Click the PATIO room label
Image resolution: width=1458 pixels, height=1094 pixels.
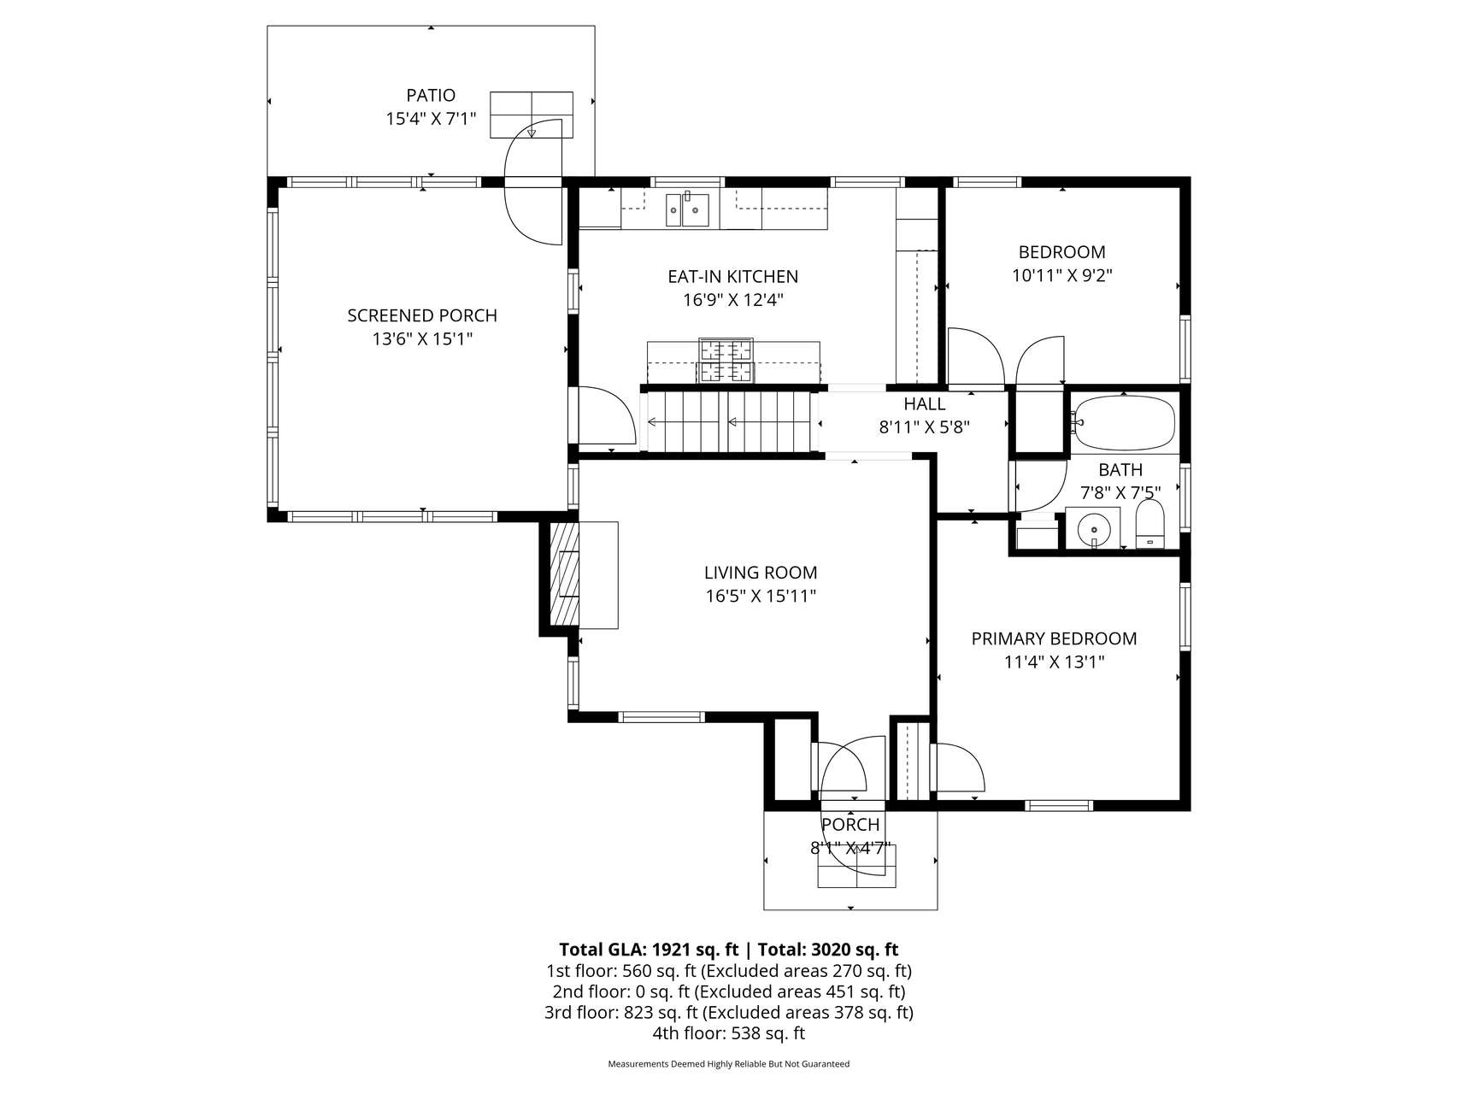click(x=431, y=96)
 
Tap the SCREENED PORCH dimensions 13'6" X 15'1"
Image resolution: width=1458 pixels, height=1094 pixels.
click(x=422, y=339)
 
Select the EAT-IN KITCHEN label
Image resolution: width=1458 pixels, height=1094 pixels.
click(x=733, y=277)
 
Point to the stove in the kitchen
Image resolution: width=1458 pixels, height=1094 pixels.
click(x=726, y=360)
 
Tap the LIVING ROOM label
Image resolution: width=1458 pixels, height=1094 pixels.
click(x=761, y=573)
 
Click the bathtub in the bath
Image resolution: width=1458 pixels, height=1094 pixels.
click(x=1125, y=423)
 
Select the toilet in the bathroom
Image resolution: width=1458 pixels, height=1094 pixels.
click(x=1150, y=524)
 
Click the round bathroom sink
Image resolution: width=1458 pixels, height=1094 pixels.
click(x=1093, y=528)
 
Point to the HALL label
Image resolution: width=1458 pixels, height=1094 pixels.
click(x=925, y=404)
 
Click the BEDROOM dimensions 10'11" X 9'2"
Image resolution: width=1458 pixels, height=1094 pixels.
click(x=1062, y=275)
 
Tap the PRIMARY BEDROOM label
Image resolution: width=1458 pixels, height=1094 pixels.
click(x=1055, y=638)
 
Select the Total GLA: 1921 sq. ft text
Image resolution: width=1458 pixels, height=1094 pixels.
click(x=649, y=950)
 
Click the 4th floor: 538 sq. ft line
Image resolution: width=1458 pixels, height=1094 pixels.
click(x=728, y=1033)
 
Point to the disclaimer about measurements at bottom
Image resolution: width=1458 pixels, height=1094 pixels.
click(x=729, y=1064)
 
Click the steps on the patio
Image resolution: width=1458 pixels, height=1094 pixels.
click(x=531, y=115)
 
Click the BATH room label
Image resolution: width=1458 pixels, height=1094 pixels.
click(x=1120, y=470)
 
